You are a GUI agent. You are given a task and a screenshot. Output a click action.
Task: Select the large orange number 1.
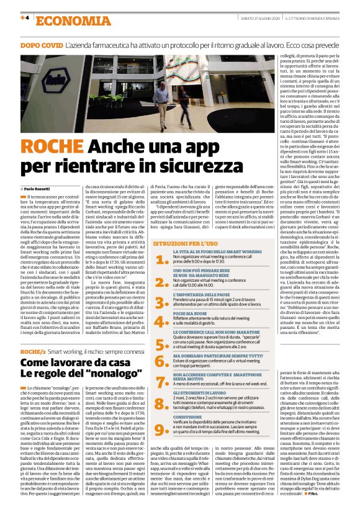pyautogui.click(x=162, y=260)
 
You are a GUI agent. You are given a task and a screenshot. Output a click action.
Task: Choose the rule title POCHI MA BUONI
pyautogui.click(x=191, y=315)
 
